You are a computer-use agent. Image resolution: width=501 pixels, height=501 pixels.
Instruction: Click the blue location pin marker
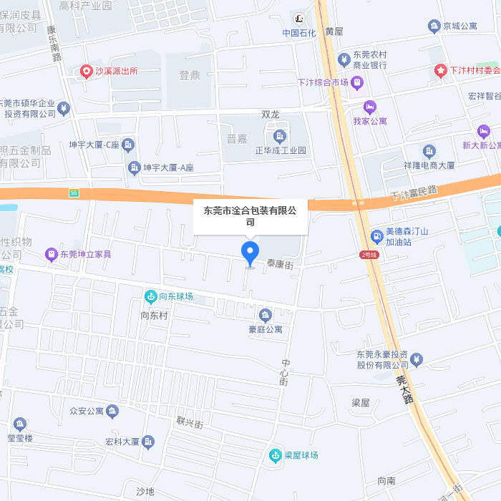tap(250, 252)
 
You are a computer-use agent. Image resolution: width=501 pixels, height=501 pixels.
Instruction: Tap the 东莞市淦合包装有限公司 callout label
tap(250, 216)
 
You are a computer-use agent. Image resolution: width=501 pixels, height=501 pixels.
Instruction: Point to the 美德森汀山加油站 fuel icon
tap(376, 236)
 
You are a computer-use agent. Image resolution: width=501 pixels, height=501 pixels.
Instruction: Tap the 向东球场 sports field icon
tap(150, 296)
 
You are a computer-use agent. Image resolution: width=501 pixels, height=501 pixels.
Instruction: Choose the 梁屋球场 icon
tap(275, 455)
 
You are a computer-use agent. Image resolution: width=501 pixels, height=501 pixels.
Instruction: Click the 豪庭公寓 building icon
tap(266, 315)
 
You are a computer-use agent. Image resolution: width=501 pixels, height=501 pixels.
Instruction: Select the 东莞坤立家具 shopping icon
tap(51, 254)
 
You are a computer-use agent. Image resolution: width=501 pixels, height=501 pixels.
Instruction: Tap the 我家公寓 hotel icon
tap(370, 107)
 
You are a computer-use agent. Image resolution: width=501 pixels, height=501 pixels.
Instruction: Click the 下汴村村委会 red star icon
tap(441, 70)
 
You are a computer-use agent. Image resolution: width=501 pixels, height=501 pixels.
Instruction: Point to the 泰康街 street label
tap(280, 263)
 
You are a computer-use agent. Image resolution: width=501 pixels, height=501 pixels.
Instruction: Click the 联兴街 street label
tap(190, 423)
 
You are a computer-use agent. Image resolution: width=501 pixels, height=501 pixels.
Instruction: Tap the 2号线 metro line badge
tap(369, 255)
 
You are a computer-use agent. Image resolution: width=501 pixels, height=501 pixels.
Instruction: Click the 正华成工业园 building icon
tap(279, 136)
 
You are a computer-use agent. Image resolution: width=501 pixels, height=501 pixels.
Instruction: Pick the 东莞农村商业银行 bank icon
tap(344, 58)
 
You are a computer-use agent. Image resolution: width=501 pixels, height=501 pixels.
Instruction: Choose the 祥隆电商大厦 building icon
tap(429, 150)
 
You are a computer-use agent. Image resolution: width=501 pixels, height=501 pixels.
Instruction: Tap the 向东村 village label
tap(154, 315)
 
